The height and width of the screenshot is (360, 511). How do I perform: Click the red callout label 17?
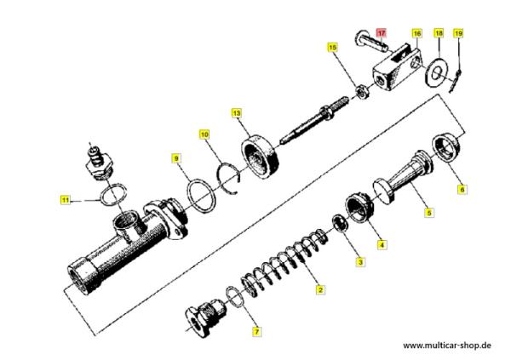click(x=382, y=33)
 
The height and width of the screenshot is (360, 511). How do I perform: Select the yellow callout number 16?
click(x=416, y=33)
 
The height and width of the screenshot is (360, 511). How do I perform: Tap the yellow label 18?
click(x=439, y=33)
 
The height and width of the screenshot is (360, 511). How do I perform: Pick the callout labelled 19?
click(x=458, y=33)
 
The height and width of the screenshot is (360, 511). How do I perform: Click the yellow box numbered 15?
click(x=332, y=48)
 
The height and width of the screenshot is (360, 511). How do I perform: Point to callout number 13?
click(x=237, y=113)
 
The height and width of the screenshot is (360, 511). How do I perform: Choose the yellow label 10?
click(x=204, y=134)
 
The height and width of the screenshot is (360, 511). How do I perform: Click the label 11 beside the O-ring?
click(x=66, y=199)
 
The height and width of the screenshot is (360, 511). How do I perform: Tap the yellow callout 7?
click(x=257, y=332)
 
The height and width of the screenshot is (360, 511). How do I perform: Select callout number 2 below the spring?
click(x=320, y=289)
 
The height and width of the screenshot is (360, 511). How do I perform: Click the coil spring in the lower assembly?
click(x=284, y=262)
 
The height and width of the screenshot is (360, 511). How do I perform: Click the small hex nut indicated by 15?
click(x=362, y=92)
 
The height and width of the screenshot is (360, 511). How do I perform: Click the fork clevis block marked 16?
click(x=396, y=68)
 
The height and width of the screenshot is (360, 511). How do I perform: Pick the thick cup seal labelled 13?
click(x=261, y=157)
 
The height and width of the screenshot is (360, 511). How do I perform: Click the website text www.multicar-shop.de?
click(x=447, y=345)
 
